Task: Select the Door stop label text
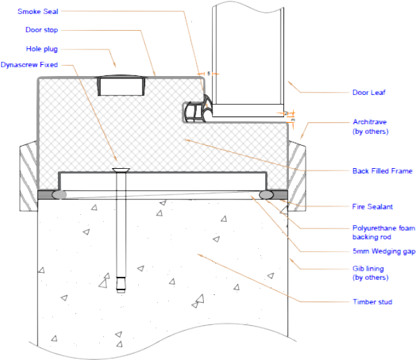coord(42,30)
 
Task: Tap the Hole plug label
coord(41,49)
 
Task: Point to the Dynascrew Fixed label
coord(29,65)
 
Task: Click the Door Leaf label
coord(369,92)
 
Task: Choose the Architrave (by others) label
coord(370,126)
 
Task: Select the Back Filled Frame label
coord(382,170)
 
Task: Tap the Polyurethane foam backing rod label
coord(383,232)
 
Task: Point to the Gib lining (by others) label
coord(370,273)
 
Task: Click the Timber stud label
coord(372,301)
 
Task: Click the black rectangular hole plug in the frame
coord(121,87)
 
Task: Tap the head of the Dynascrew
coord(120,168)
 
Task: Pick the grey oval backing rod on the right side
coord(266,194)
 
